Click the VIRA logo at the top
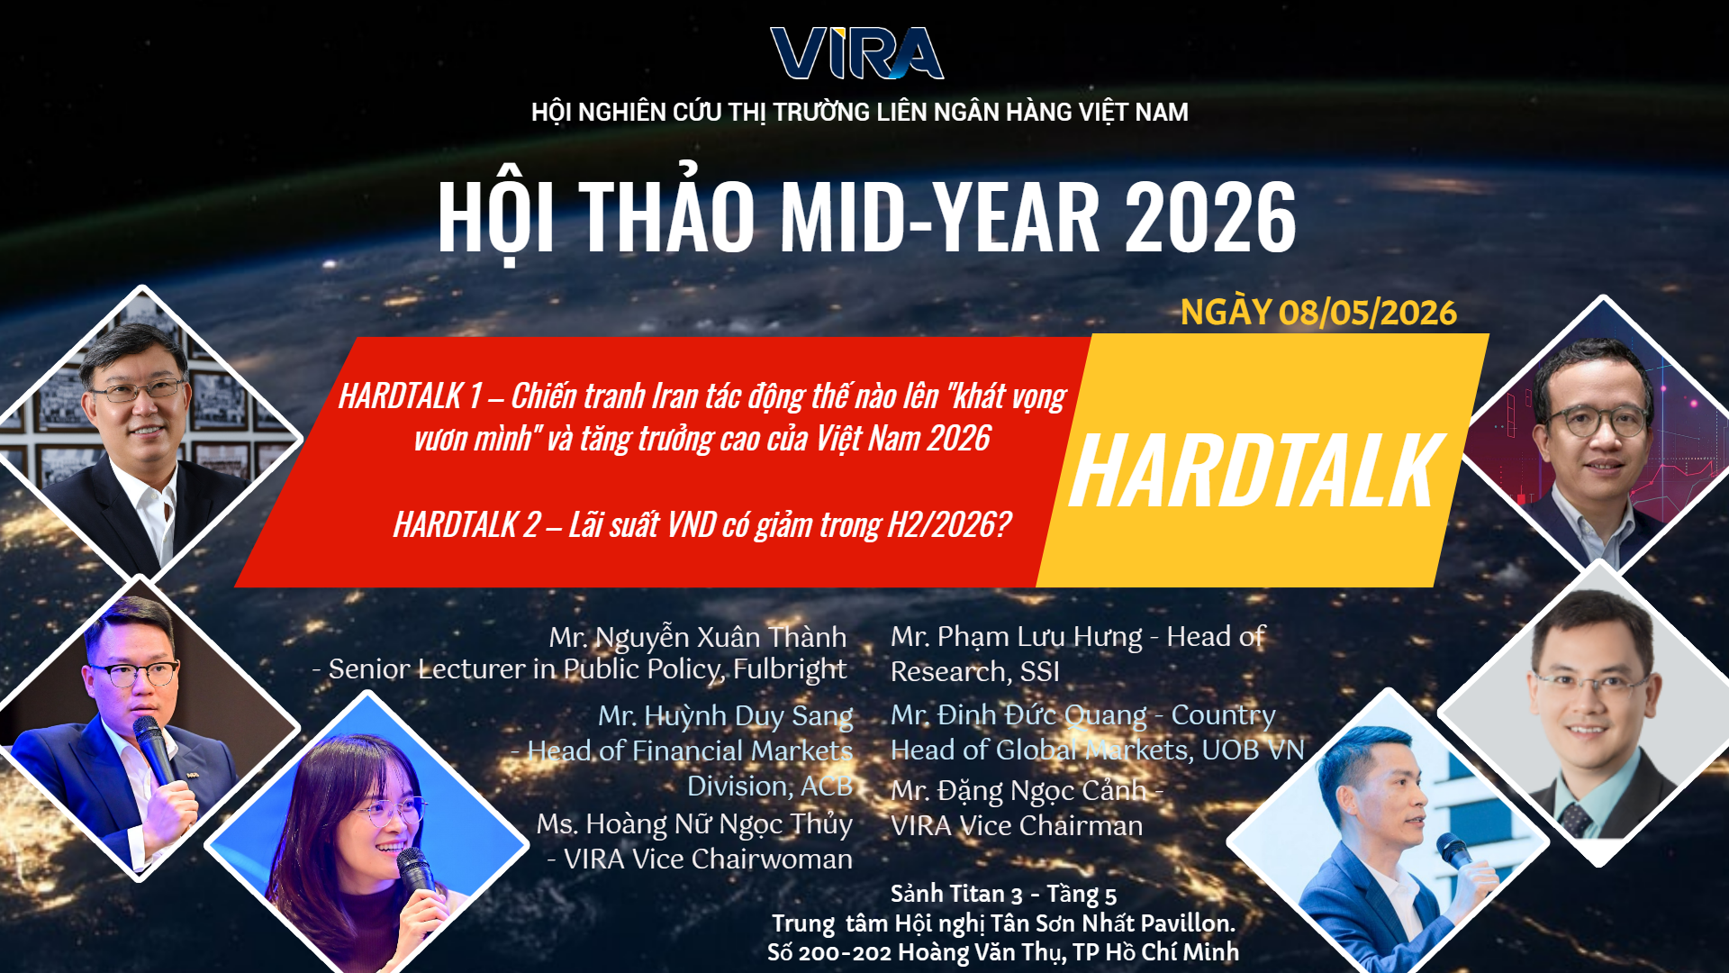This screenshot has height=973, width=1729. tap(856, 53)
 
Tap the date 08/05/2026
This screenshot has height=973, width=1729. tap(1367, 313)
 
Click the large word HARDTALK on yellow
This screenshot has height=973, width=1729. tap(1255, 471)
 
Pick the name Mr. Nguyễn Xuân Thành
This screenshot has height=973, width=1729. tap(698, 637)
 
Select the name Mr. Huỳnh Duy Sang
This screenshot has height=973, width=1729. tap(725, 715)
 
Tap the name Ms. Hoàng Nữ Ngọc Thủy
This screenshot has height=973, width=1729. tap(694, 823)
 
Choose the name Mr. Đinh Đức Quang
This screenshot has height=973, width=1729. tap(1018, 714)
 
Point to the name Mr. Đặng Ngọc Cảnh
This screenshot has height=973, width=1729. tap(1018, 790)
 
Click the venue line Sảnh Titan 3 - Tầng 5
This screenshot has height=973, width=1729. tap(1003, 894)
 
